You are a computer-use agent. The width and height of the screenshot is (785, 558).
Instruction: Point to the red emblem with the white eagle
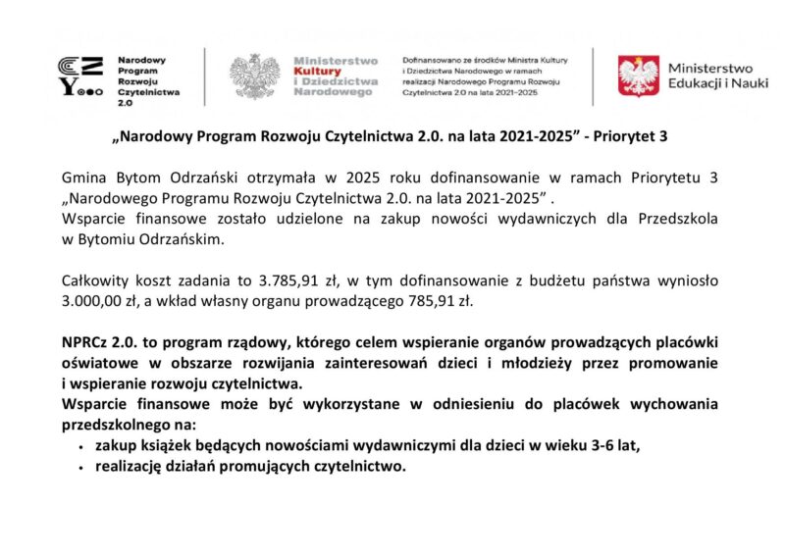[638, 76]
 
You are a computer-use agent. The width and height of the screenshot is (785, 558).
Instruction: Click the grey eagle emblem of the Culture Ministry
[254, 76]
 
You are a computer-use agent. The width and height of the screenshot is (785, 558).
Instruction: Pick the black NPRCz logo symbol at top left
[79, 76]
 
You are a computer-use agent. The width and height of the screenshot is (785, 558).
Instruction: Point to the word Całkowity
[93, 280]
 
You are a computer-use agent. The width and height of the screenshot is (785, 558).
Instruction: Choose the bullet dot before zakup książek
[79, 446]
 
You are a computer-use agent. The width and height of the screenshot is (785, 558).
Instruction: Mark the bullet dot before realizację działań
[79, 468]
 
